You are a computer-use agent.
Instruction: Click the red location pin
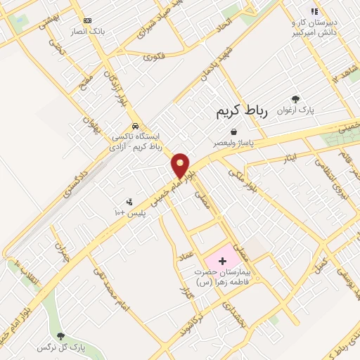181,165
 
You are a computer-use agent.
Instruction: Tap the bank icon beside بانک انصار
87,21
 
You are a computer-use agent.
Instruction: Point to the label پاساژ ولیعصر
234,143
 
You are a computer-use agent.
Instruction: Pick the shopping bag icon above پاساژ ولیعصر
233,131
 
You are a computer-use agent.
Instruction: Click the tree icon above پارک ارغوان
295,99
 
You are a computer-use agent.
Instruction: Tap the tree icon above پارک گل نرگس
60,336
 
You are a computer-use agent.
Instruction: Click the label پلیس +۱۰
129,212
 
